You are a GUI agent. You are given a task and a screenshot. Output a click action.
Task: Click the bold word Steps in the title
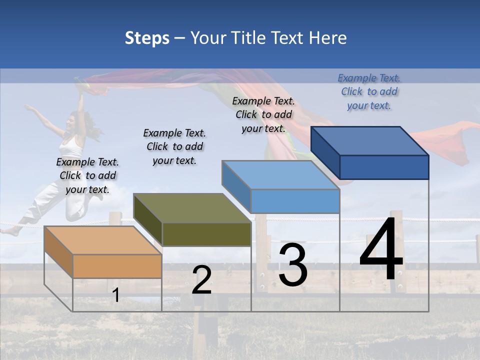tap(147, 38)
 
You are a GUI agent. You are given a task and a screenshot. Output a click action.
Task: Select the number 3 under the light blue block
tap(293, 265)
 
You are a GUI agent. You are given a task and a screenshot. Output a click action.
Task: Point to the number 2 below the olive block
tap(201, 280)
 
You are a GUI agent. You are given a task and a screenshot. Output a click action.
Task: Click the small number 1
tap(116, 295)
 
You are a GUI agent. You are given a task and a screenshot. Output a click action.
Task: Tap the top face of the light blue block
tap(280, 174)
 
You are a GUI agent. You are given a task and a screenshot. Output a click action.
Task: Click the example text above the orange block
tap(87, 175)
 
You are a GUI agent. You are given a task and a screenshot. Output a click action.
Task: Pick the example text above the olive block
tap(174, 146)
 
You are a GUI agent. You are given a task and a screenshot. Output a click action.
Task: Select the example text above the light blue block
tap(263, 114)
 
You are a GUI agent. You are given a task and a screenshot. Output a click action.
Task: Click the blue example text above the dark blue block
tap(369, 91)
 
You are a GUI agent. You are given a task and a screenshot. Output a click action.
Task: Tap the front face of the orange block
tap(117, 266)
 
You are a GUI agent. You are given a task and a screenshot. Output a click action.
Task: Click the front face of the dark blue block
tap(384, 167)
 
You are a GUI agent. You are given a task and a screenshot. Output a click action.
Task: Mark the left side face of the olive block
tap(148, 220)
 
